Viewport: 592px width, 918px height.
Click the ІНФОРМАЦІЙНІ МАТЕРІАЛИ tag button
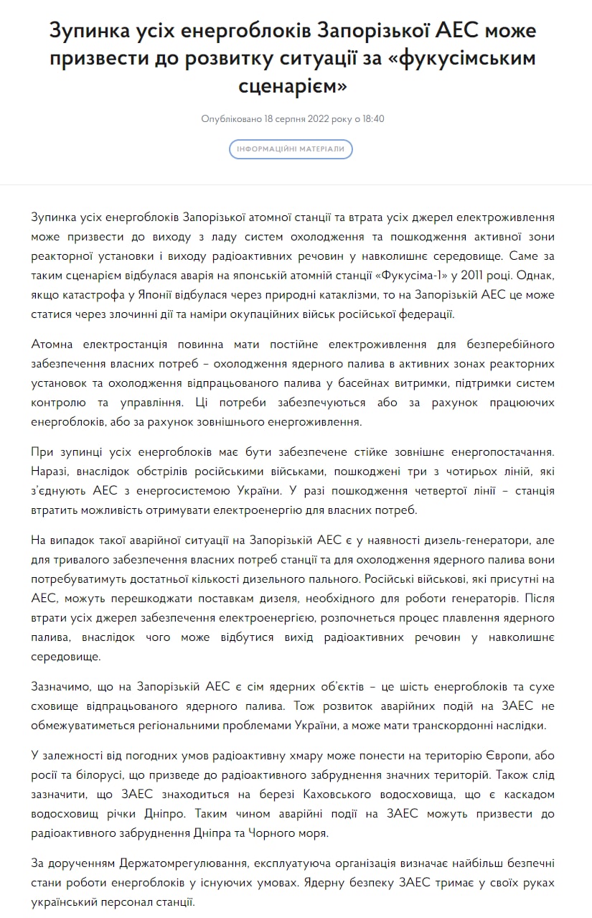291,149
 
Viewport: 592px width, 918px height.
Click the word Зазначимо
63,686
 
